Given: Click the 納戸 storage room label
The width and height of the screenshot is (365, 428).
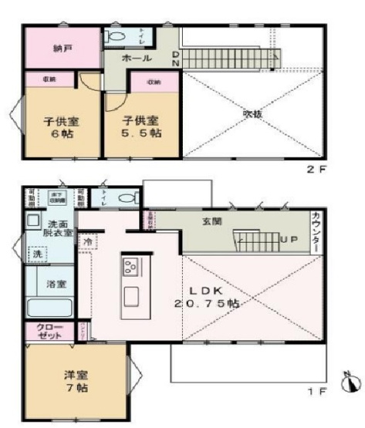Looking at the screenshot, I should [63, 48].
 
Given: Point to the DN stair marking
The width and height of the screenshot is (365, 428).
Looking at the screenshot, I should [175, 59].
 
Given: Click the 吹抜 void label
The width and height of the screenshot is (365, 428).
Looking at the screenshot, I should [252, 114].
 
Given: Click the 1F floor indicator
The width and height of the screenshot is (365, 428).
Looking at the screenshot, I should [316, 391].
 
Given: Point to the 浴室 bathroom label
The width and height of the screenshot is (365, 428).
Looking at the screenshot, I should [55, 284].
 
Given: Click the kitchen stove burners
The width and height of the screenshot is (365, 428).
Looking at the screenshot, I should [129, 267].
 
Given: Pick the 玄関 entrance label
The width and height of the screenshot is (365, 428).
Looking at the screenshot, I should [212, 221].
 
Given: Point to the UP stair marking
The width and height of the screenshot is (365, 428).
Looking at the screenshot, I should [289, 240].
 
